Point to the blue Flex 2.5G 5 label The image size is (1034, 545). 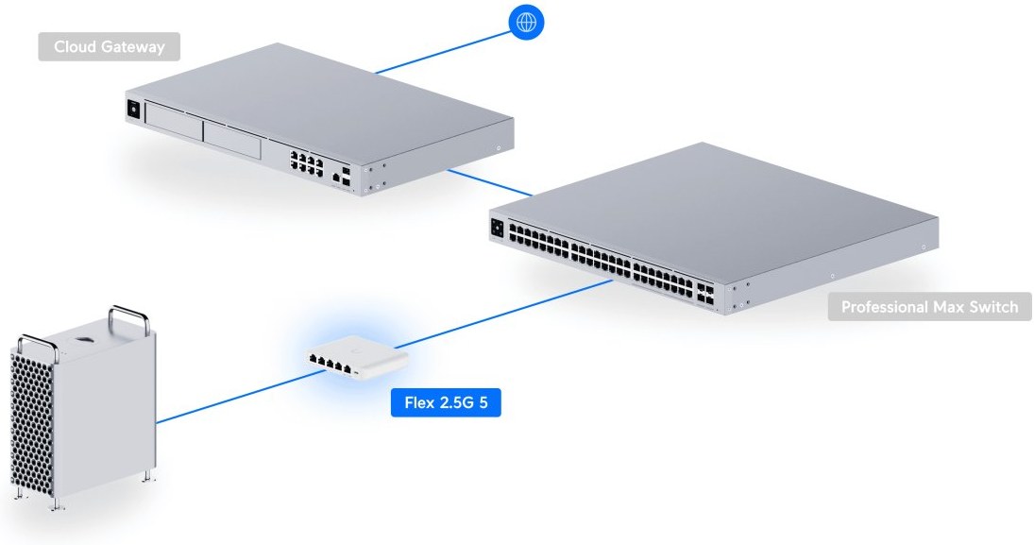[446, 403]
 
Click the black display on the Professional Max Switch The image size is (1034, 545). [498, 227]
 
